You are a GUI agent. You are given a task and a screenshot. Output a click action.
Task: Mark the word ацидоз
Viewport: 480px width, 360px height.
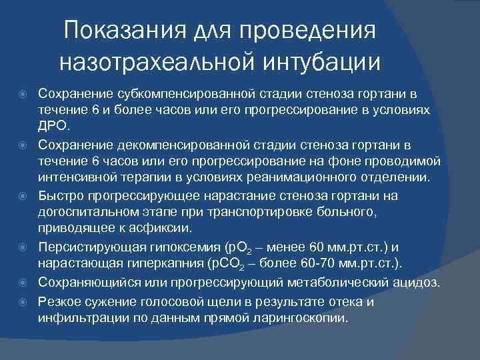[417, 282]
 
